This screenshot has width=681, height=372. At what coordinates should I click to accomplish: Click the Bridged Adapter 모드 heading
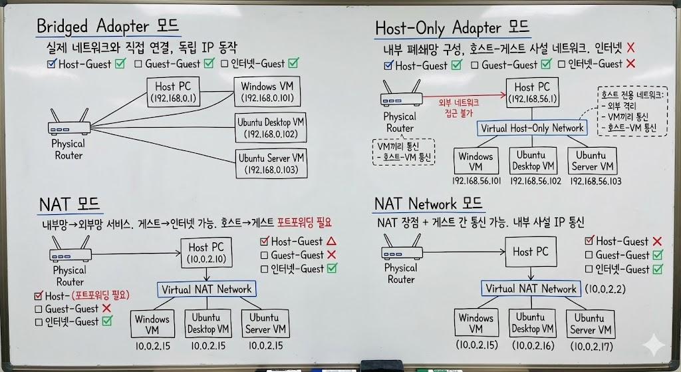point(108,27)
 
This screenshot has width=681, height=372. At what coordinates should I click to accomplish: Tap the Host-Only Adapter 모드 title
point(452,28)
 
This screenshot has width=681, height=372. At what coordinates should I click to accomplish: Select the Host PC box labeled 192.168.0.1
point(174,92)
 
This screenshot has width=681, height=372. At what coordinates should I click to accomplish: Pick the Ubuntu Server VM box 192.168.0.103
point(271,164)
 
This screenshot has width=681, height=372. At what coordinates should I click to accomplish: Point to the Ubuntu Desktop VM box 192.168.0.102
point(271,128)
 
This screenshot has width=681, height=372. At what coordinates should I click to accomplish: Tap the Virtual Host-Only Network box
point(531,128)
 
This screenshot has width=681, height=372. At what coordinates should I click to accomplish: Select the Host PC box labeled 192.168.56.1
point(532,93)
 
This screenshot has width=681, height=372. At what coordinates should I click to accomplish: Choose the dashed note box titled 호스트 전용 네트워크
point(631,111)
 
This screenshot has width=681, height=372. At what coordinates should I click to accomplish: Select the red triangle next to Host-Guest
point(331,242)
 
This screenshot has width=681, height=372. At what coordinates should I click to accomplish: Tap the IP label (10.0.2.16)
point(532,345)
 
